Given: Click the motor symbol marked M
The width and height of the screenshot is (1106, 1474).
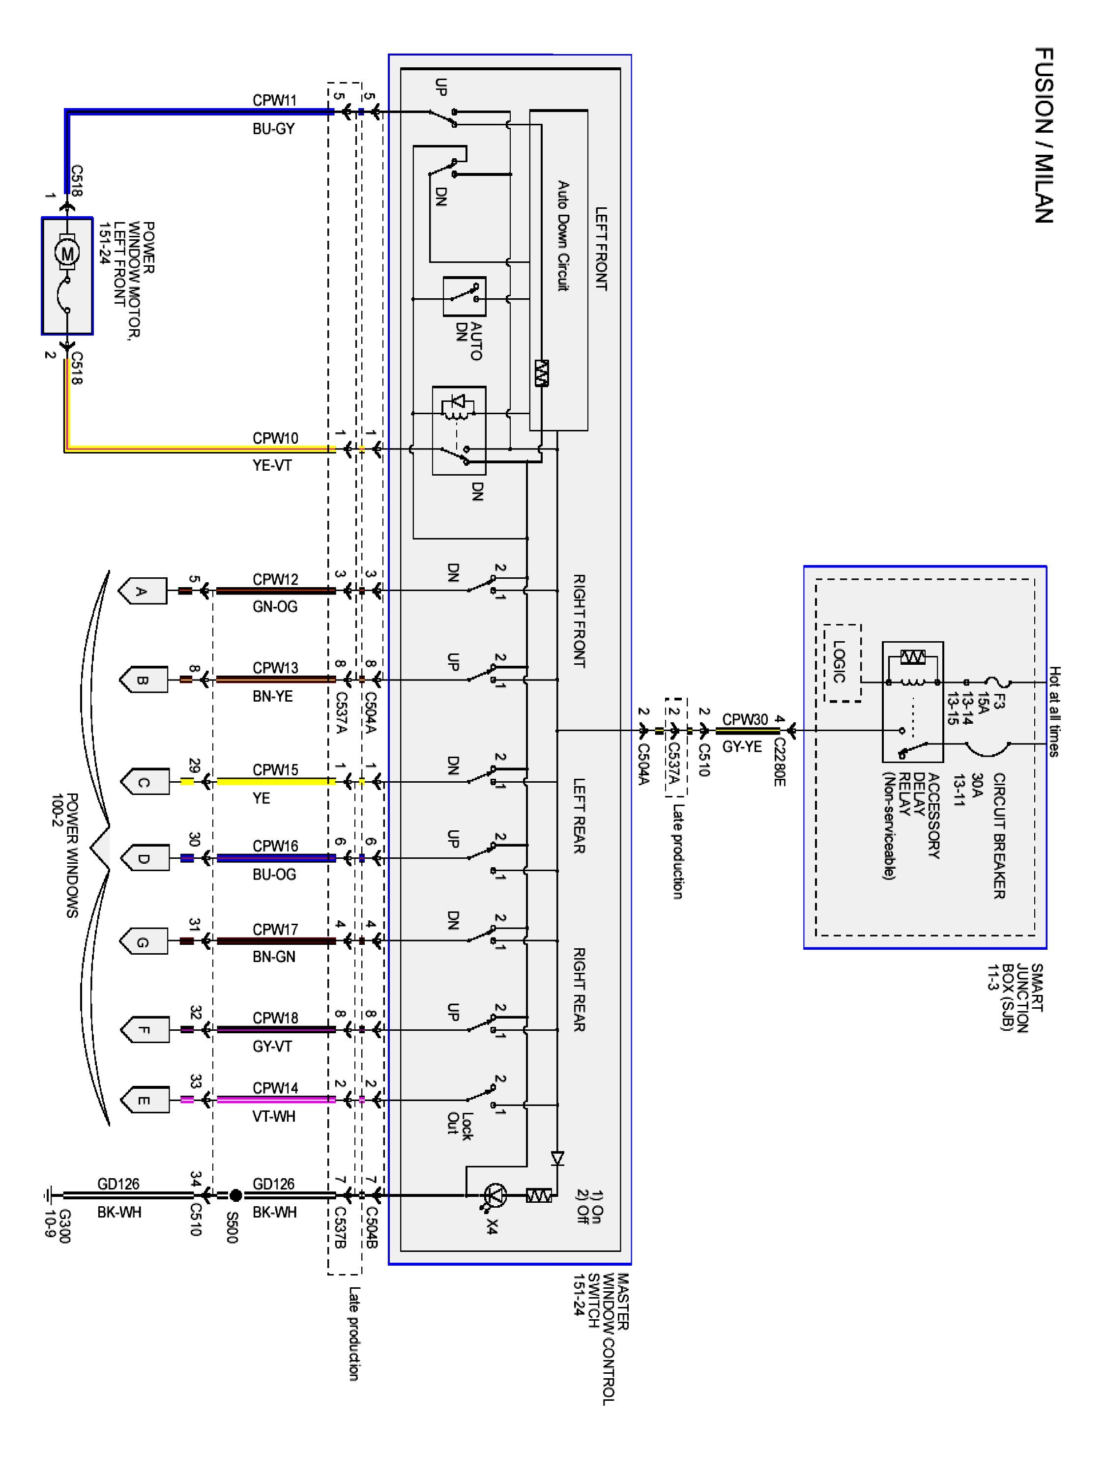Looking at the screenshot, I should click(67, 253).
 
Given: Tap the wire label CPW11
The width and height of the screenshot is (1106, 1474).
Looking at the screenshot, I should click(274, 100).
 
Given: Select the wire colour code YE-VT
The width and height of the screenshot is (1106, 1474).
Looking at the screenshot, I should click(272, 465).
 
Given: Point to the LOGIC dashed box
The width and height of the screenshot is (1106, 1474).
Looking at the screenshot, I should click(842, 662).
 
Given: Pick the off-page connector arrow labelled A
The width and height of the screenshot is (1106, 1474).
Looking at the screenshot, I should click(142, 591).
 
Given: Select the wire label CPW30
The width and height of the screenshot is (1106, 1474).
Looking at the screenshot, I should click(745, 719).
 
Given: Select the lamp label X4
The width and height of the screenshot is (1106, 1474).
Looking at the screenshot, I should click(492, 1226).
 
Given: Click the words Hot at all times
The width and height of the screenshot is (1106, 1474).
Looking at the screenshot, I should click(1054, 711).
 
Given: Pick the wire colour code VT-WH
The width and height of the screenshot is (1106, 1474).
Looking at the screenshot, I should click(274, 1116).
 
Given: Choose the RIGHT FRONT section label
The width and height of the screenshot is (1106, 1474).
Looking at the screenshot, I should click(579, 621).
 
